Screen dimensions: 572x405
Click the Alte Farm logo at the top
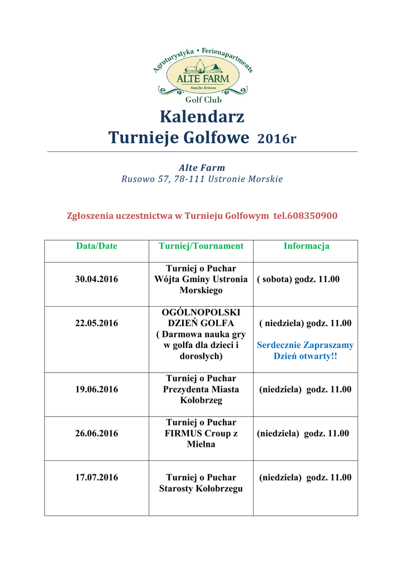(202, 75)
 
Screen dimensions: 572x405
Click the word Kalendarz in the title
(202, 117)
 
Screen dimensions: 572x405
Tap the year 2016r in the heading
(276, 139)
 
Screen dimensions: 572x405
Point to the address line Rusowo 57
(202, 179)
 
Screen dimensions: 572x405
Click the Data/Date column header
(97, 246)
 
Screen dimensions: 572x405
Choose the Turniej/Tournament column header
(201, 246)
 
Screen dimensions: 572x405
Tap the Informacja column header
(306, 246)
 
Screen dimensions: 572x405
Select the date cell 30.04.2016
(97, 279)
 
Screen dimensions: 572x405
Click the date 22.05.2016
(97, 323)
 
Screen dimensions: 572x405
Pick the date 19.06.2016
(97, 389)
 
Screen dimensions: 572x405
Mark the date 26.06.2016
(97, 433)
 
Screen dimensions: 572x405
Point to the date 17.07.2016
(97, 478)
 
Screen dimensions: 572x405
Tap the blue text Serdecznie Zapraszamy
(305, 346)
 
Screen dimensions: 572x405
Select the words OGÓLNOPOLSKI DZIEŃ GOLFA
(201, 318)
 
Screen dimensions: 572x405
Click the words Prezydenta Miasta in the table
(201, 389)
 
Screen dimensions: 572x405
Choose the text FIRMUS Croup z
(201, 433)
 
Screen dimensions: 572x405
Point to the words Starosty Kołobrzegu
(201, 489)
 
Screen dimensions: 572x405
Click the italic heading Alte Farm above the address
(202, 168)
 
